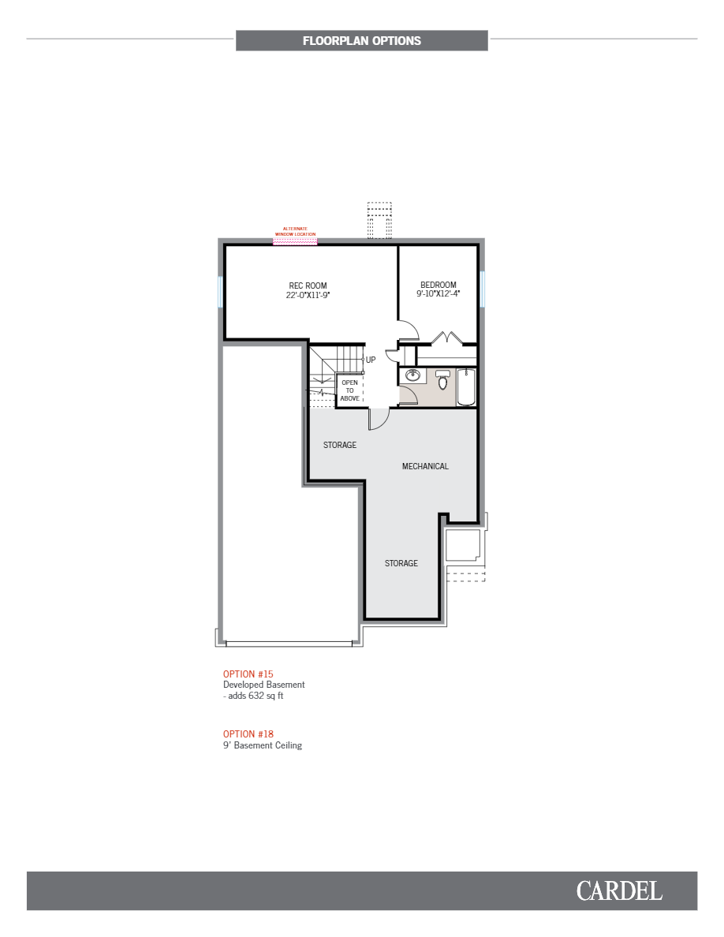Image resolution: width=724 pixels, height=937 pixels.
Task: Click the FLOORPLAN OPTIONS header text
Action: click(361, 41)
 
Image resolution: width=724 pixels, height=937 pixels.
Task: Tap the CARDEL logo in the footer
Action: click(619, 891)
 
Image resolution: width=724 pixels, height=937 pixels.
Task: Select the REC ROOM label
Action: click(308, 286)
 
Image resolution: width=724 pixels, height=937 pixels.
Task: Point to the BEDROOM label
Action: click(438, 285)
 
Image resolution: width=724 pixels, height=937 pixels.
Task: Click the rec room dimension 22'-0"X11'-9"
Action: click(308, 295)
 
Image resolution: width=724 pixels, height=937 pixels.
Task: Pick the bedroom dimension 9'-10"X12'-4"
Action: click(438, 294)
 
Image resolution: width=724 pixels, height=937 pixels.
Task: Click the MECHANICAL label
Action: click(425, 466)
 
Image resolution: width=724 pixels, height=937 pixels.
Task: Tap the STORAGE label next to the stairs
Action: click(340, 445)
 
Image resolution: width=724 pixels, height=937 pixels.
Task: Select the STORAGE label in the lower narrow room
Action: click(401, 563)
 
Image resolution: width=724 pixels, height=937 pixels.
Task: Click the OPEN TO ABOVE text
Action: click(349, 390)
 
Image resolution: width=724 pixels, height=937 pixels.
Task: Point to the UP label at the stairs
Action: click(371, 360)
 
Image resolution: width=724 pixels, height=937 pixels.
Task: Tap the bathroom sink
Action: click(412, 375)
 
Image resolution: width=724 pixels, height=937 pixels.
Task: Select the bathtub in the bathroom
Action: click(466, 386)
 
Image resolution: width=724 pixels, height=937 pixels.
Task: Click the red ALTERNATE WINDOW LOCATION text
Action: click(295, 232)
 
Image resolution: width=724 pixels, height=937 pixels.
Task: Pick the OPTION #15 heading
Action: click(248, 674)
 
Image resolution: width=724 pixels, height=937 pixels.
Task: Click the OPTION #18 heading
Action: click(248, 734)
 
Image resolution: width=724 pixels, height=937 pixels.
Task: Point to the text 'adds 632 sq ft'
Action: click(255, 696)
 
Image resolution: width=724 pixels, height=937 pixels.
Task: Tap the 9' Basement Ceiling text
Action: click(263, 745)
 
